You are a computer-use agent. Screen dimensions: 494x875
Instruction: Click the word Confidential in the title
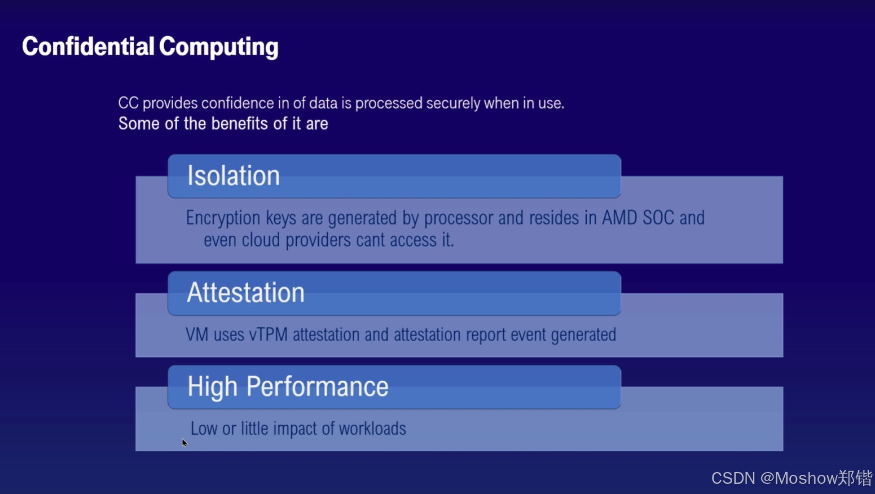pyautogui.click(x=88, y=46)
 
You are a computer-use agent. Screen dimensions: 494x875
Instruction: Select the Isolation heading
pyautogui.click(x=234, y=176)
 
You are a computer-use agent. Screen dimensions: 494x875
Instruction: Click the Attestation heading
pyautogui.click(x=246, y=293)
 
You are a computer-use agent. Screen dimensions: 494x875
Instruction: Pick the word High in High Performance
pyautogui.click(x=213, y=387)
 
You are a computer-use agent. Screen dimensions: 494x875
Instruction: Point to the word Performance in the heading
pyautogui.click(x=318, y=387)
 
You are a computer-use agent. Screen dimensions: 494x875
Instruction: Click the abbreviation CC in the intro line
pyautogui.click(x=128, y=103)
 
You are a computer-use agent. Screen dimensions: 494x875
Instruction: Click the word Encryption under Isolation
pyautogui.click(x=223, y=218)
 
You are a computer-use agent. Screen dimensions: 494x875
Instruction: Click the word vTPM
pyautogui.click(x=269, y=335)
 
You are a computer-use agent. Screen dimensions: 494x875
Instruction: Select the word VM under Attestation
pyautogui.click(x=197, y=335)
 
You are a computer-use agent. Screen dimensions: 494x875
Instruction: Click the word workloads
pyautogui.click(x=372, y=429)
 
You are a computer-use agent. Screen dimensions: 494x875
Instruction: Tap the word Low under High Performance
pyautogui.click(x=204, y=429)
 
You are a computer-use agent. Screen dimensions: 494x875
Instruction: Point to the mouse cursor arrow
pyautogui.click(x=184, y=442)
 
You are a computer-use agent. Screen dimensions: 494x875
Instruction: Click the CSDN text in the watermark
pyautogui.click(x=733, y=478)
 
